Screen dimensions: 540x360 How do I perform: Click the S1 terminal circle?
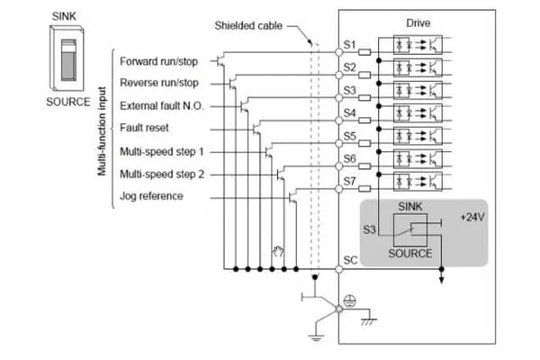tap(339, 52)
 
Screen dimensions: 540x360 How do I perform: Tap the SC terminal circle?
tap(339, 269)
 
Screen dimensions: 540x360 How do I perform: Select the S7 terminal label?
tap(349, 181)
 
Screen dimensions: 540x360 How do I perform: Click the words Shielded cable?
tap(248, 25)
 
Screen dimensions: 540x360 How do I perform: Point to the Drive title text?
tap(418, 23)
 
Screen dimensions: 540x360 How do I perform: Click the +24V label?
tap(472, 218)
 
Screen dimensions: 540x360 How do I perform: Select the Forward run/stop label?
tap(158, 61)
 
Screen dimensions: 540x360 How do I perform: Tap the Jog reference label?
tap(151, 196)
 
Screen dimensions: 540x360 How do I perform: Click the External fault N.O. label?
tap(161, 106)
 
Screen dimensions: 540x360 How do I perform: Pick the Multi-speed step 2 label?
tap(162, 174)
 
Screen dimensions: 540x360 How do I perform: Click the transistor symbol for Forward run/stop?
tap(220, 60)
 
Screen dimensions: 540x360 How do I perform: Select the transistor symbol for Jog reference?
tap(292, 197)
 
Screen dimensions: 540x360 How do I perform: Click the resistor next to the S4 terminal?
tap(364, 121)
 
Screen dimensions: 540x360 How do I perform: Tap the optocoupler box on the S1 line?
tap(418, 44)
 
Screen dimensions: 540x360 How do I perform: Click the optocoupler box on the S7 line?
tap(418, 181)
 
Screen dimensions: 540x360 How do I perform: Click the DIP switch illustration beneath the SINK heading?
tap(67, 58)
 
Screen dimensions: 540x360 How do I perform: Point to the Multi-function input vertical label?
tap(102, 131)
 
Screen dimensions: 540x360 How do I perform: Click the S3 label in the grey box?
tap(369, 229)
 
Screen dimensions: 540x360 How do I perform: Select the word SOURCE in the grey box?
tap(409, 254)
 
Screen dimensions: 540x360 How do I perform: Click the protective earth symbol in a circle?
tap(350, 301)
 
